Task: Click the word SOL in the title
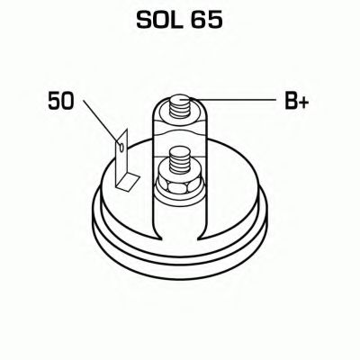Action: (x=159, y=20)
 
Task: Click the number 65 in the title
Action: (x=207, y=20)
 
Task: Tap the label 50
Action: (x=60, y=101)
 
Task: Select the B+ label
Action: (x=296, y=101)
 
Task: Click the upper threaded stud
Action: (x=179, y=107)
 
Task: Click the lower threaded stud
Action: (x=179, y=160)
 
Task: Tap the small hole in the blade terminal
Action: (x=121, y=147)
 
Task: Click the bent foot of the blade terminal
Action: (x=128, y=183)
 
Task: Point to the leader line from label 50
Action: (x=102, y=122)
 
